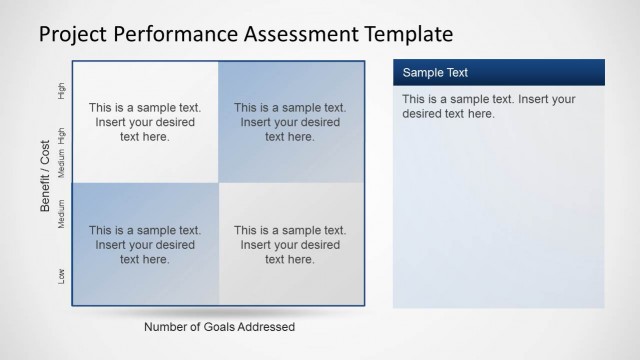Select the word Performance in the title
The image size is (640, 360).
tap(179, 35)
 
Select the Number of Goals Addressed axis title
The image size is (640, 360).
tap(219, 327)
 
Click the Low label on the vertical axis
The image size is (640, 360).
tap(62, 275)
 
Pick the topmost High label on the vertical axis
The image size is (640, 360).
tap(62, 91)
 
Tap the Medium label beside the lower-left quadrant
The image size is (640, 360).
tap(62, 214)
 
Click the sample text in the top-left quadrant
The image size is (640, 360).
tap(145, 122)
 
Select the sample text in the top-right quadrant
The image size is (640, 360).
tap(290, 122)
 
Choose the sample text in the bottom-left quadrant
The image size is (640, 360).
tap(145, 245)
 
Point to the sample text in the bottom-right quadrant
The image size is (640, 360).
tap(290, 245)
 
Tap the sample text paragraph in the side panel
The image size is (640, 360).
tap(488, 106)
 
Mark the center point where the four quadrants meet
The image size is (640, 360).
tap(217, 183)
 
